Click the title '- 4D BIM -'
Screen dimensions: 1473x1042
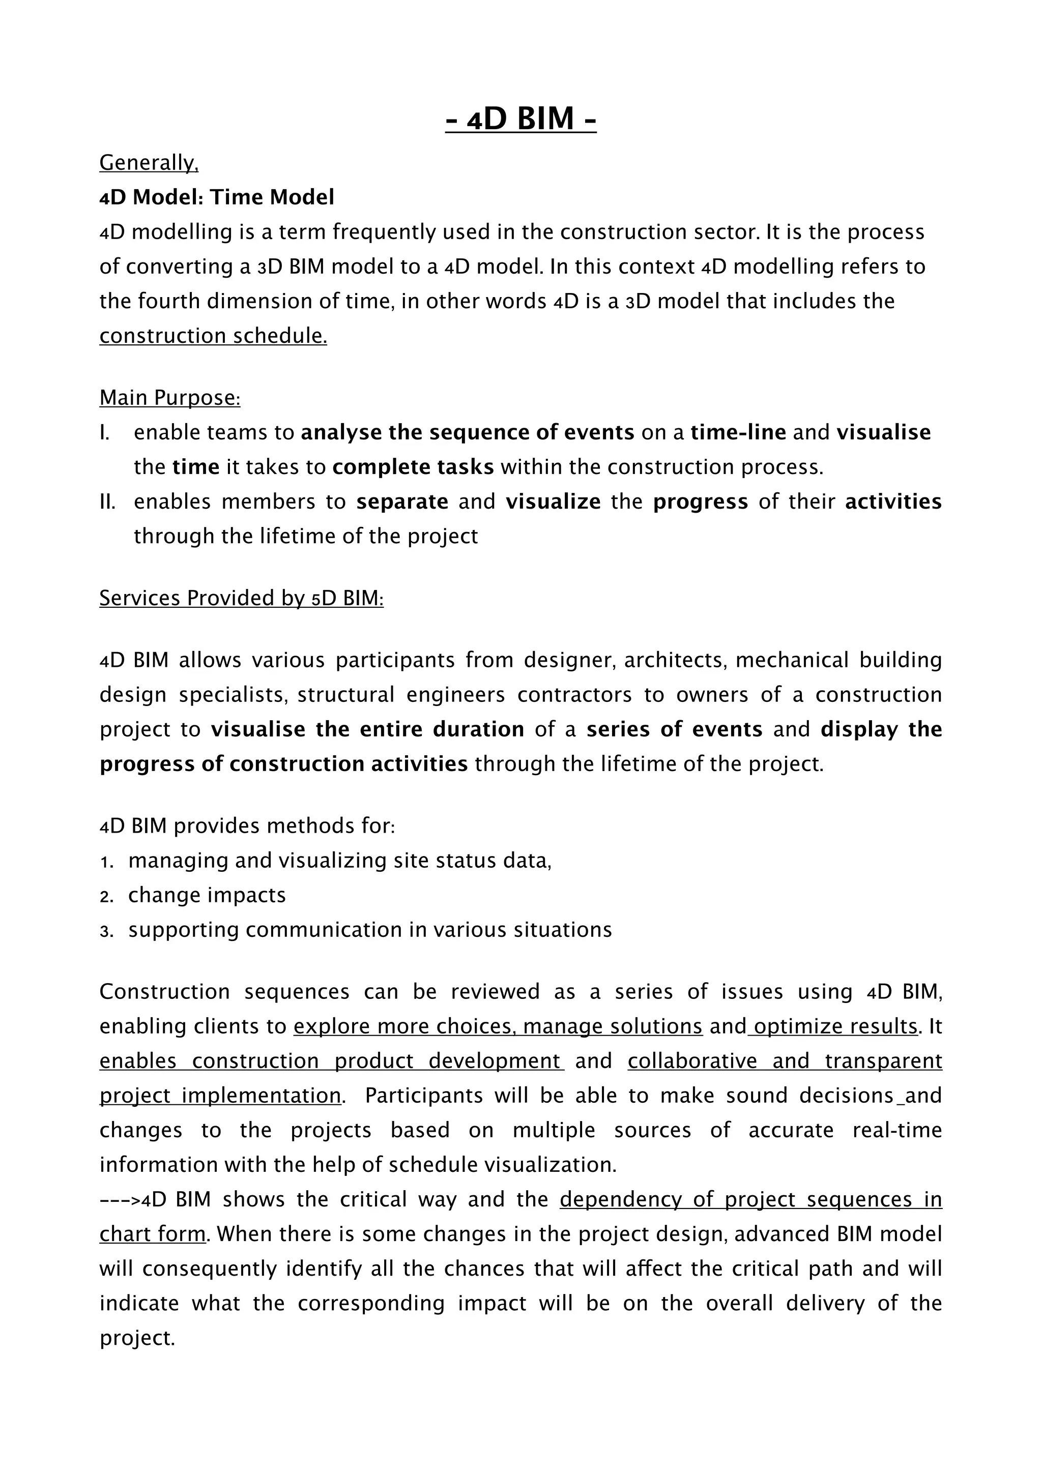(520, 119)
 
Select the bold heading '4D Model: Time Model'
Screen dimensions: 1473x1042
(217, 197)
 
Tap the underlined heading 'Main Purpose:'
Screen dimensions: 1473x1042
(169, 398)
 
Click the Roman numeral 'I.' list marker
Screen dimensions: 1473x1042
(105, 432)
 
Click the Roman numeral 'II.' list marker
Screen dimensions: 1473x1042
(107, 502)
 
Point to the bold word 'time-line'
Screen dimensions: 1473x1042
(738, 432)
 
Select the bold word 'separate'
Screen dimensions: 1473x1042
(402, 502)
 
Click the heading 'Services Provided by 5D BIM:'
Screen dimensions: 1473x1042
(241, 598)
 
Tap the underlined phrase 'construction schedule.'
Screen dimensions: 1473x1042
(213, 336)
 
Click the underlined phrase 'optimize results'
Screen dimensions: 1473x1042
(835, 1026)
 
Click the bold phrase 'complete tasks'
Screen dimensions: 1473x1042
(413, 467)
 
